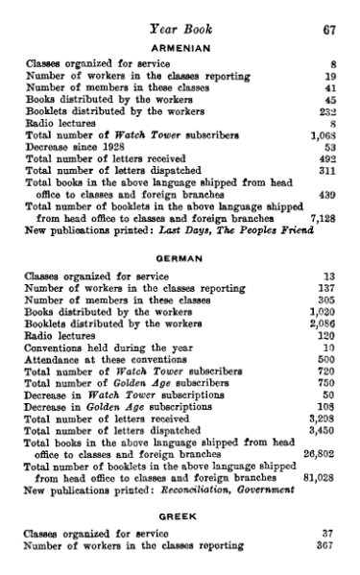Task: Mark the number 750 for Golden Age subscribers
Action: point(325,381)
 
